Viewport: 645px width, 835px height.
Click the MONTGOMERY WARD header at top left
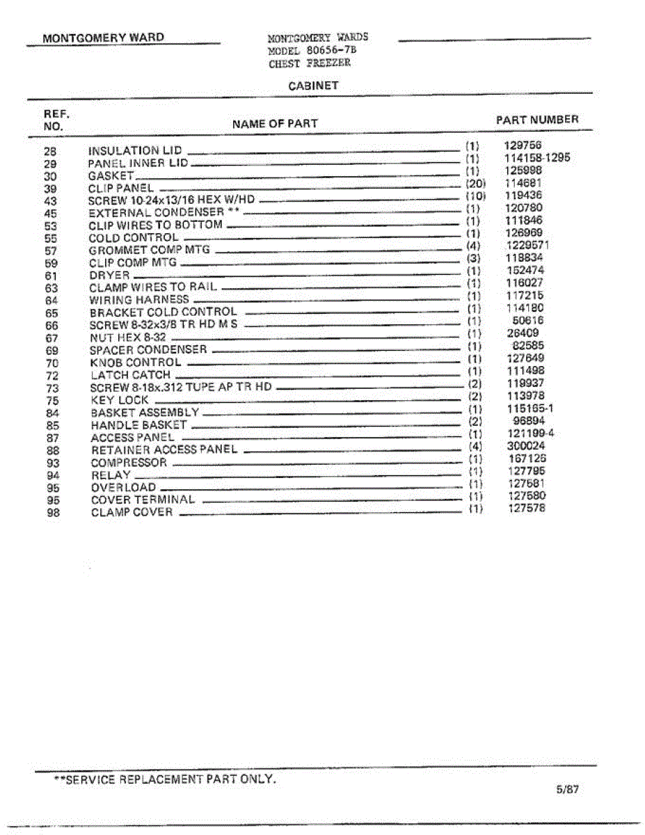104,38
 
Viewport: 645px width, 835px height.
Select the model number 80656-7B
335,50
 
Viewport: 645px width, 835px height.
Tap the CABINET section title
313,86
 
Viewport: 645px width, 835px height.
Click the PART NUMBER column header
536,120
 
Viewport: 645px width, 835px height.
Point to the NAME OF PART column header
275,124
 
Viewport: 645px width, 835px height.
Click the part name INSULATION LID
135,150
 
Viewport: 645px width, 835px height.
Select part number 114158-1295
536,158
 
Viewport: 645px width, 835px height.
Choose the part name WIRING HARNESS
139,300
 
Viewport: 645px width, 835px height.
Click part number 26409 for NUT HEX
523,333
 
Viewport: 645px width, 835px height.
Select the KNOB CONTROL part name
135,363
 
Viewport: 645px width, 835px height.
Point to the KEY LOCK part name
120,401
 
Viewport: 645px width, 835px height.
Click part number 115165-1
531,408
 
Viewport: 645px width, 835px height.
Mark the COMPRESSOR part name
129,463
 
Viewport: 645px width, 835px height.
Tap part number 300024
526,446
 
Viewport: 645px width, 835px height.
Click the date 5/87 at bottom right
567,790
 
